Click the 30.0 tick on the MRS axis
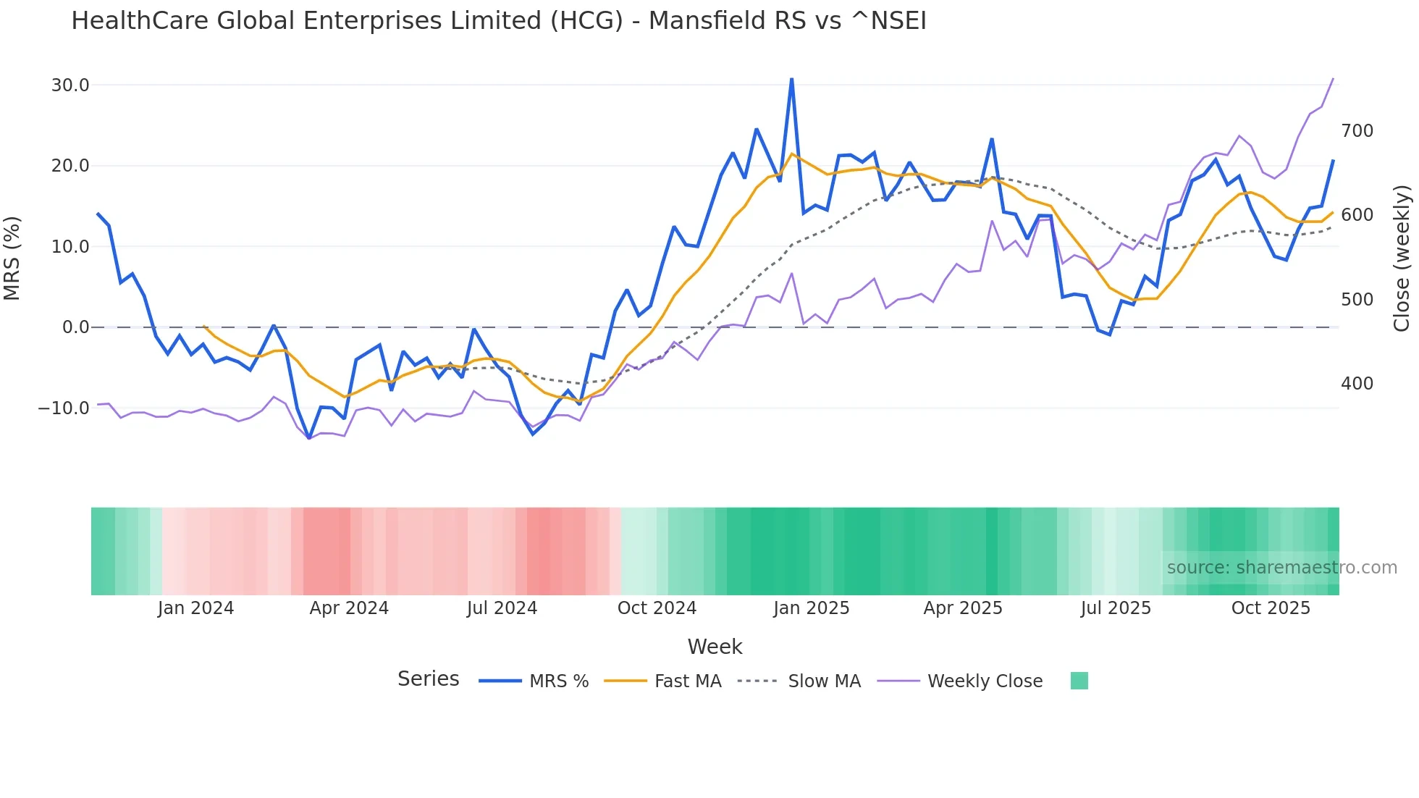click(x=70, y=85)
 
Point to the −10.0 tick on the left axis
click(x=64, y=408)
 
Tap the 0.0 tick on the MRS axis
click(x=75, y=327)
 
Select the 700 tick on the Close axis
click(x=1357, y=131)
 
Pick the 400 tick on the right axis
click(x=1357, y=384)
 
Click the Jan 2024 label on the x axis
click(x=195, y=608)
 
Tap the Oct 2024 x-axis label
click(x=657, y=608)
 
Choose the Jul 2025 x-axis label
click(x=1116, y=608)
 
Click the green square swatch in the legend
click(x=1079, y=681)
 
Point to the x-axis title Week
click(x=715, y=647)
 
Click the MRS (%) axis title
click(x=12, y=259)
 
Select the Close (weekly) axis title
click(x=1402, y=259)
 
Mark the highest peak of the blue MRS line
click(x=791, y=79)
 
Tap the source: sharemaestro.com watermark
click(x=1281, y=568)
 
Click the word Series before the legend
click(x=428, y=679)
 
